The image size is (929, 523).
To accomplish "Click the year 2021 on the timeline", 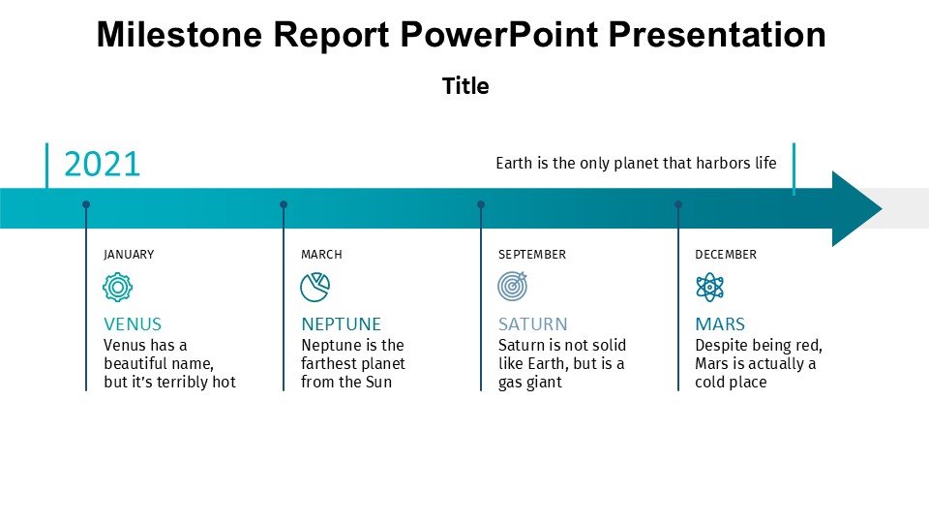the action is pos(102,165).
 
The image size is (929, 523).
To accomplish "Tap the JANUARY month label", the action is pos(129,255).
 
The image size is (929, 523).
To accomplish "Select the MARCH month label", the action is pos(321,255).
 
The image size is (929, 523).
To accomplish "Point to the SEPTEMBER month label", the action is pos(532,255).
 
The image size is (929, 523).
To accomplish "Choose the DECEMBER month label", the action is pos(726,255).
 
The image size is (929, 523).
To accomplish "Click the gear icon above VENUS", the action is pos(117,288).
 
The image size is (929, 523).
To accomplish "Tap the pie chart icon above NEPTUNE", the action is pos(315,288).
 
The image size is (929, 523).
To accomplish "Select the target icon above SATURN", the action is pos(513,287).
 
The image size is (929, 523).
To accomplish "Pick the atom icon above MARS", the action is pos(709,288).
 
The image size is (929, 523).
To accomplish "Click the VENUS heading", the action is pos(133,324).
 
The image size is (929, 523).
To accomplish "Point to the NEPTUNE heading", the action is pos(342,324).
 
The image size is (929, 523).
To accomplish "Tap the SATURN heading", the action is pos(532,324).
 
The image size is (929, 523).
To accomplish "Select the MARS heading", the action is pos(720,324).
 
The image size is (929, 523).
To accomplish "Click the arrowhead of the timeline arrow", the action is pos(856,209).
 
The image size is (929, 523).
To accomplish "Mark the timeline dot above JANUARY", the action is pos(86,204).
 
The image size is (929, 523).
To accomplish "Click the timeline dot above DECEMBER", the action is pos(678,204).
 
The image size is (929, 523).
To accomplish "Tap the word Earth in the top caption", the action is pos(514,163).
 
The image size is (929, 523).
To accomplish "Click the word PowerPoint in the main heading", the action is pos(499,35).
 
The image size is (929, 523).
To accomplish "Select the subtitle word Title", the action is pos(465,86).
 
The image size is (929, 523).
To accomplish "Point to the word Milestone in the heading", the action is pos(179,35).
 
